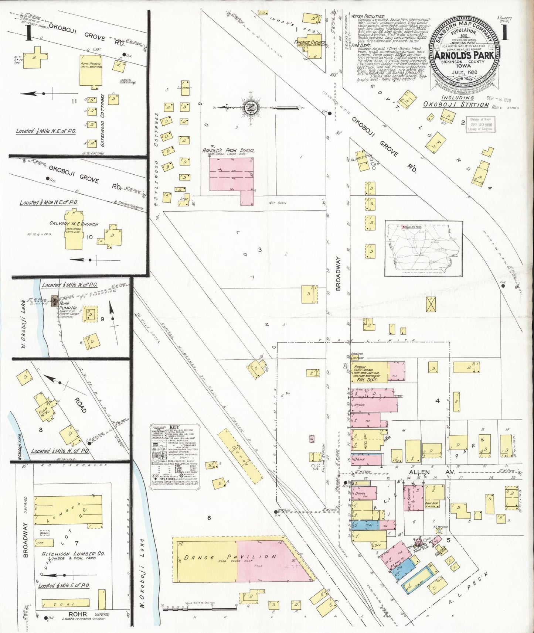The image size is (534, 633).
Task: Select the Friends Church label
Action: pos(310,42)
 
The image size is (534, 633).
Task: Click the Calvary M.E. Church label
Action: pos(74,223)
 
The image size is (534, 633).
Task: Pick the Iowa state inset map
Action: pos(424,248)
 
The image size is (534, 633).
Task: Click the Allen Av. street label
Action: pos(419,472)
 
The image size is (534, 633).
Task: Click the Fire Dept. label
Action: pos(366,380)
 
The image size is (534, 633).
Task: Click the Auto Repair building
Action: pos(91,71)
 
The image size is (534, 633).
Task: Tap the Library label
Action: pos(184,88)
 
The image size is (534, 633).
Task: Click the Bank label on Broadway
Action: pos(360,459)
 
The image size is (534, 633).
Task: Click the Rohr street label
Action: pos(78,614)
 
